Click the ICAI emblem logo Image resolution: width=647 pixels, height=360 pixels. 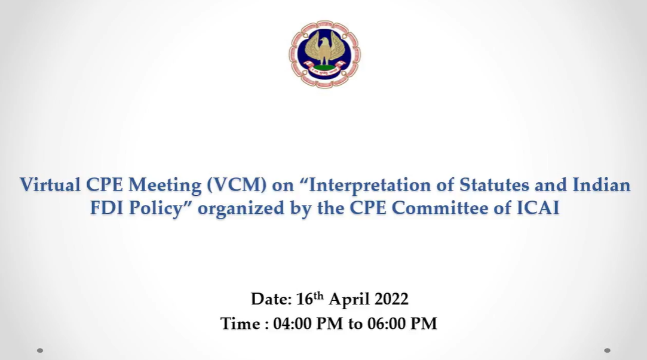coord(324,54)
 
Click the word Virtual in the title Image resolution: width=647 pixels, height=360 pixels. coord(50,184)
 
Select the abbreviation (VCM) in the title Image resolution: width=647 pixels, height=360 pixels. coord(237,184)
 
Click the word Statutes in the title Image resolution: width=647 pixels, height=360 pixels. coord(494,184)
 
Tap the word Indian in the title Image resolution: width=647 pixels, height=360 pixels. coord(601,184)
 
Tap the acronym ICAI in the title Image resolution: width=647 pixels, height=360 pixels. coord(538,207)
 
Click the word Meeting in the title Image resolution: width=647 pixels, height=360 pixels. coord(165,185)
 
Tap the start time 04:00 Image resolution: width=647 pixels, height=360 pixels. coord(292,324)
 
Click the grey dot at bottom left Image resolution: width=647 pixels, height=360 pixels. coord(40,350)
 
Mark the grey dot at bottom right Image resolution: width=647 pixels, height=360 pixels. coord(607,350)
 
